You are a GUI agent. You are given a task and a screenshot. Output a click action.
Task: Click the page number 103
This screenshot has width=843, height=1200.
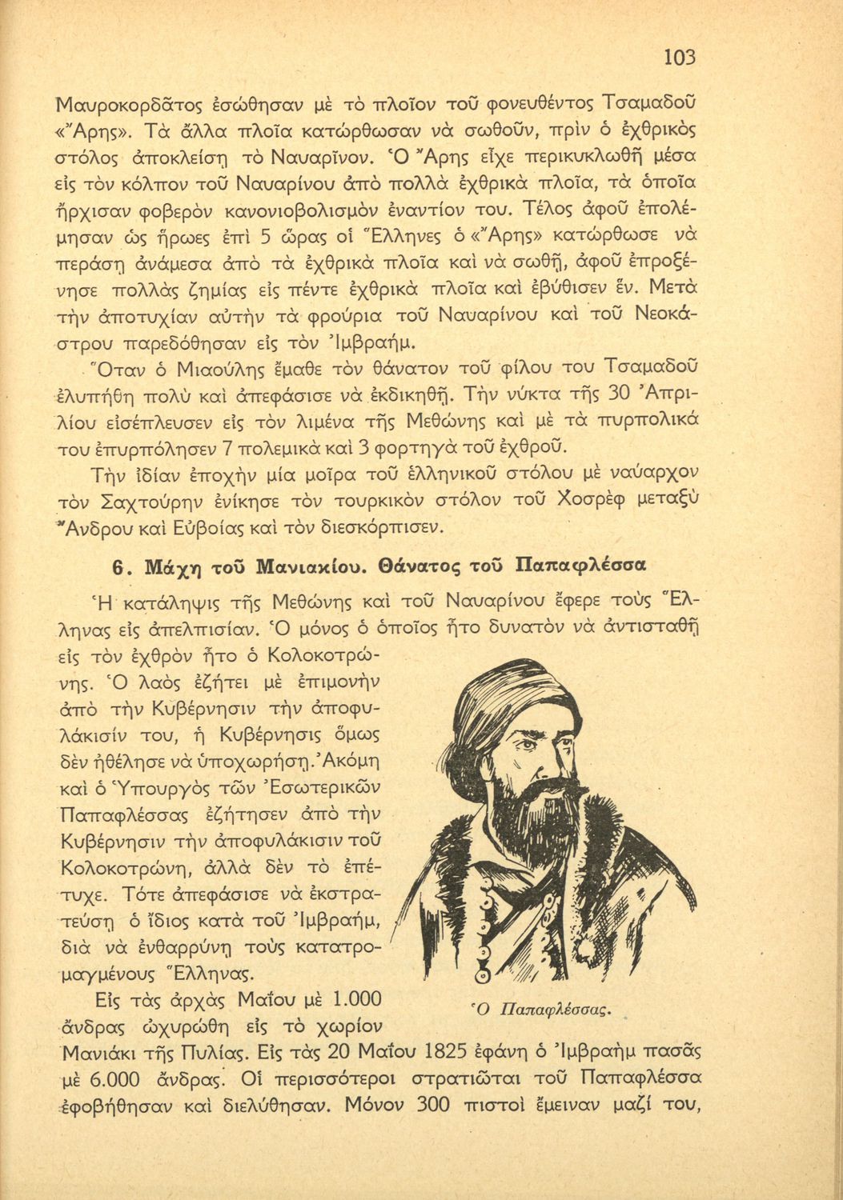(x=680, y=57)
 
